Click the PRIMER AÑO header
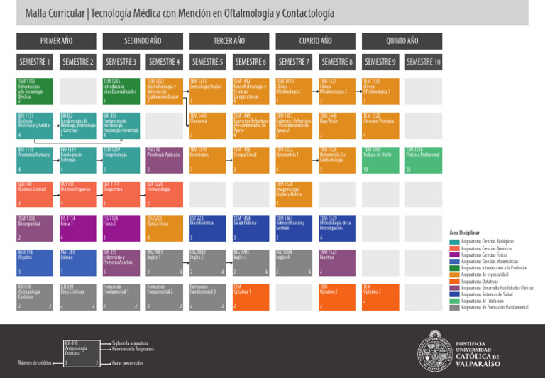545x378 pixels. pyautogui.click(x=56, y=41)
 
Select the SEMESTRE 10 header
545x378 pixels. pyautogui.click(x=423, y=62)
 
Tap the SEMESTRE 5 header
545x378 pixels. pyautogui.click(x=207, y=62)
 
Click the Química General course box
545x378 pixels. pyautogui.click(x=35, y=194)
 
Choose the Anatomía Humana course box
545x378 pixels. pyautogui.click(x=35, y=160)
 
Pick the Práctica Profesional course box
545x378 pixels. pyautogui.click(x=423, y=160)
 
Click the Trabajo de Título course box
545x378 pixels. pyautogui.click(x=380, y=160)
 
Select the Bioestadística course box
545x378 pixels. pyautogui.click(x=207, y=228)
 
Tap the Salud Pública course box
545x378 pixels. pyautogui.click(x=251, y=228)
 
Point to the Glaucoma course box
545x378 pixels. pyautogui.click(x=207, y=125)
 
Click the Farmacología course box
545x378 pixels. pyautogui.click(x=164, y=194)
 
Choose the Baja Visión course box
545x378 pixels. pyautogui.click(x=336, y=125)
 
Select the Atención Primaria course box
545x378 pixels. pyautogui.click(x=380, y=125)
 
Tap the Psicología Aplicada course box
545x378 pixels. pyautogui.click(x=164, y=160)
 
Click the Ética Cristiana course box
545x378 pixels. pyautogui.click(x=77, y=296)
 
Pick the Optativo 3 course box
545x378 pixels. pyautogui.click(x=380, y=296)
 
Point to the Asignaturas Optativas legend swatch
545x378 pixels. pyautogui.click(x=455, y=281)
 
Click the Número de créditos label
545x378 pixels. pyautogui.click(x=34, y=362)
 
